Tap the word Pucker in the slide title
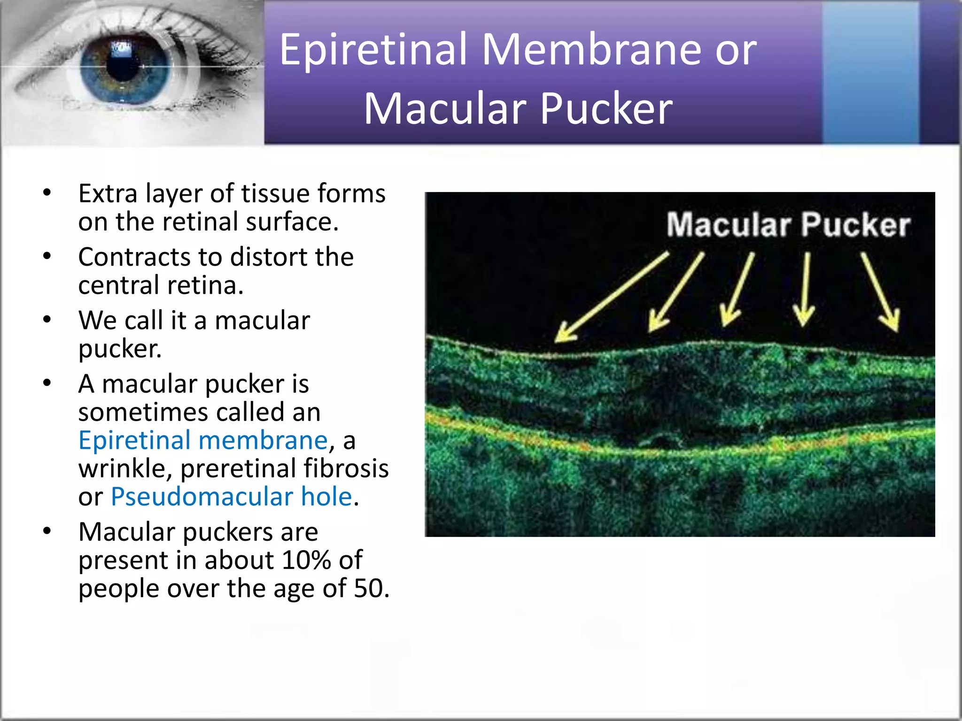606,109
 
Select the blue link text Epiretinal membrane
203,440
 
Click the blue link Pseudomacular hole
232,497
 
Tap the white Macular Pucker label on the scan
788,225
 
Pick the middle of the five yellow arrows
738,290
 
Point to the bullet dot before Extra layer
47,192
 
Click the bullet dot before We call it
47,320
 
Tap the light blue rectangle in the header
870,73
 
